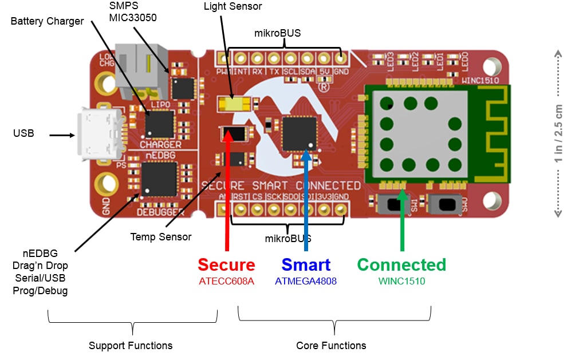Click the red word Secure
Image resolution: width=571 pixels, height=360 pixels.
point(226,265)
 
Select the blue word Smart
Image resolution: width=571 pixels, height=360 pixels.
point(306,265)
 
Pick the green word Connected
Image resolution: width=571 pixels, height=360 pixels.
point(401,265)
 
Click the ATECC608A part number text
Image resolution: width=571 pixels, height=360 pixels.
point(226,282)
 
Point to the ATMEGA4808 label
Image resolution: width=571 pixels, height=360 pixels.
point(306,282)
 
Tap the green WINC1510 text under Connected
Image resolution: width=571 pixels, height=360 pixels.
point(401,282)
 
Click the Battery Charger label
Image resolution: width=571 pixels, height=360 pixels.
point(47,21)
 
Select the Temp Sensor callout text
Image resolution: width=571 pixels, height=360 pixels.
point(160,236)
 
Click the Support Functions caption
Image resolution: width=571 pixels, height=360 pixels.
point(131,346)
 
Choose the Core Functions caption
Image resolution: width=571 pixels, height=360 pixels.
point(331,346)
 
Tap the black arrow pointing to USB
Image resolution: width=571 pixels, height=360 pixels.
point(62,136)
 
